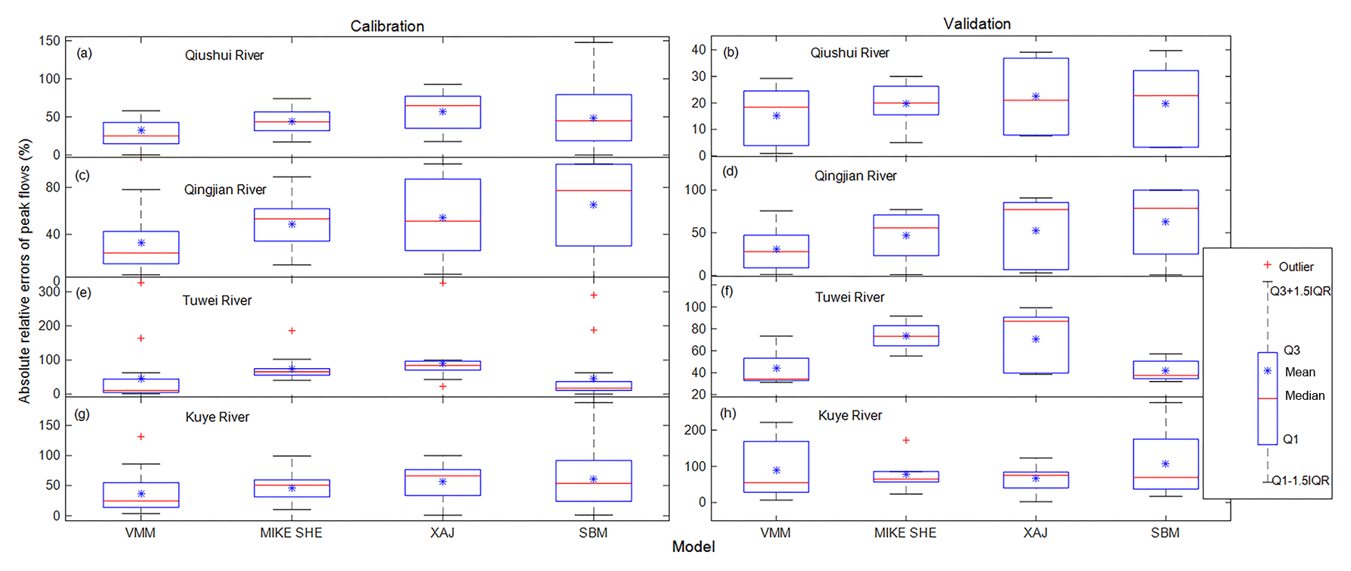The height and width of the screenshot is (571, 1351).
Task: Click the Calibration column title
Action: pyautogui.click(x=387, y=27)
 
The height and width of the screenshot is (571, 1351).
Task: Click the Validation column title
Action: pyautogui.click(x=977, y=24)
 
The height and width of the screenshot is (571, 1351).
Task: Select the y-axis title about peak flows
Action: pyautogui.click(x=25, y=270)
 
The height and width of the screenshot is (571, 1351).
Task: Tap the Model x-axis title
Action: pyautogui.click(x=693, y=547)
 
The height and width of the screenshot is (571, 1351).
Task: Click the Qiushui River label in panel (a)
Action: pyautogui.click(x=224, y=55)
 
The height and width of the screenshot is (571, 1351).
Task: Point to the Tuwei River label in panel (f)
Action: pyautogui.click(x=849, y=298)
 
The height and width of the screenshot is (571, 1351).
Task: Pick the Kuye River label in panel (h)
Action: pyautogui.click(x=850, y=416)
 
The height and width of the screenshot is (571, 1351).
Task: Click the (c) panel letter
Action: pyautogui.click(x=83, y=175)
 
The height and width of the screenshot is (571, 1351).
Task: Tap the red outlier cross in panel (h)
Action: pyautogui.click(x=905, y=440)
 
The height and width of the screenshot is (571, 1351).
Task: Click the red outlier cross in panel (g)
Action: pyautogui.click(x=141, y=437)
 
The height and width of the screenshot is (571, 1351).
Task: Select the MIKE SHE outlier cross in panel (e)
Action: pyautogui.click(x=292, y=331)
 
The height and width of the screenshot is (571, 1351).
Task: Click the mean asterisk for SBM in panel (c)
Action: pyautogui.click(x=593, y=205)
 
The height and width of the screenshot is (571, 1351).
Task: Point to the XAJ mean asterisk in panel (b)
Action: pyautogui.click(x=1036, y=97)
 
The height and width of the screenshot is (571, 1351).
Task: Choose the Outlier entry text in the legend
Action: pyautogui.click(x=1296, y=267)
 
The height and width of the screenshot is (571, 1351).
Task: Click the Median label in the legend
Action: pyautogui.click(x=1304, y=395)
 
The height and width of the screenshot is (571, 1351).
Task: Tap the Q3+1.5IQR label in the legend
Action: pyautogui.click(x=1300, y=292)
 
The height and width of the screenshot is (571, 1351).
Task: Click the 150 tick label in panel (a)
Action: pyautogui.click(x=50, y=41)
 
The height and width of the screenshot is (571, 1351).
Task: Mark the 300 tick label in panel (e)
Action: pyautogui.click(x=49, y=292)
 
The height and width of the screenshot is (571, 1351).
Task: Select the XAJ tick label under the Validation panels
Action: pyautogui.click(x=1035, y=533)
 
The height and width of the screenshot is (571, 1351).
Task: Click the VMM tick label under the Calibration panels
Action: pyautogui.click(x=140, y=533)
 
